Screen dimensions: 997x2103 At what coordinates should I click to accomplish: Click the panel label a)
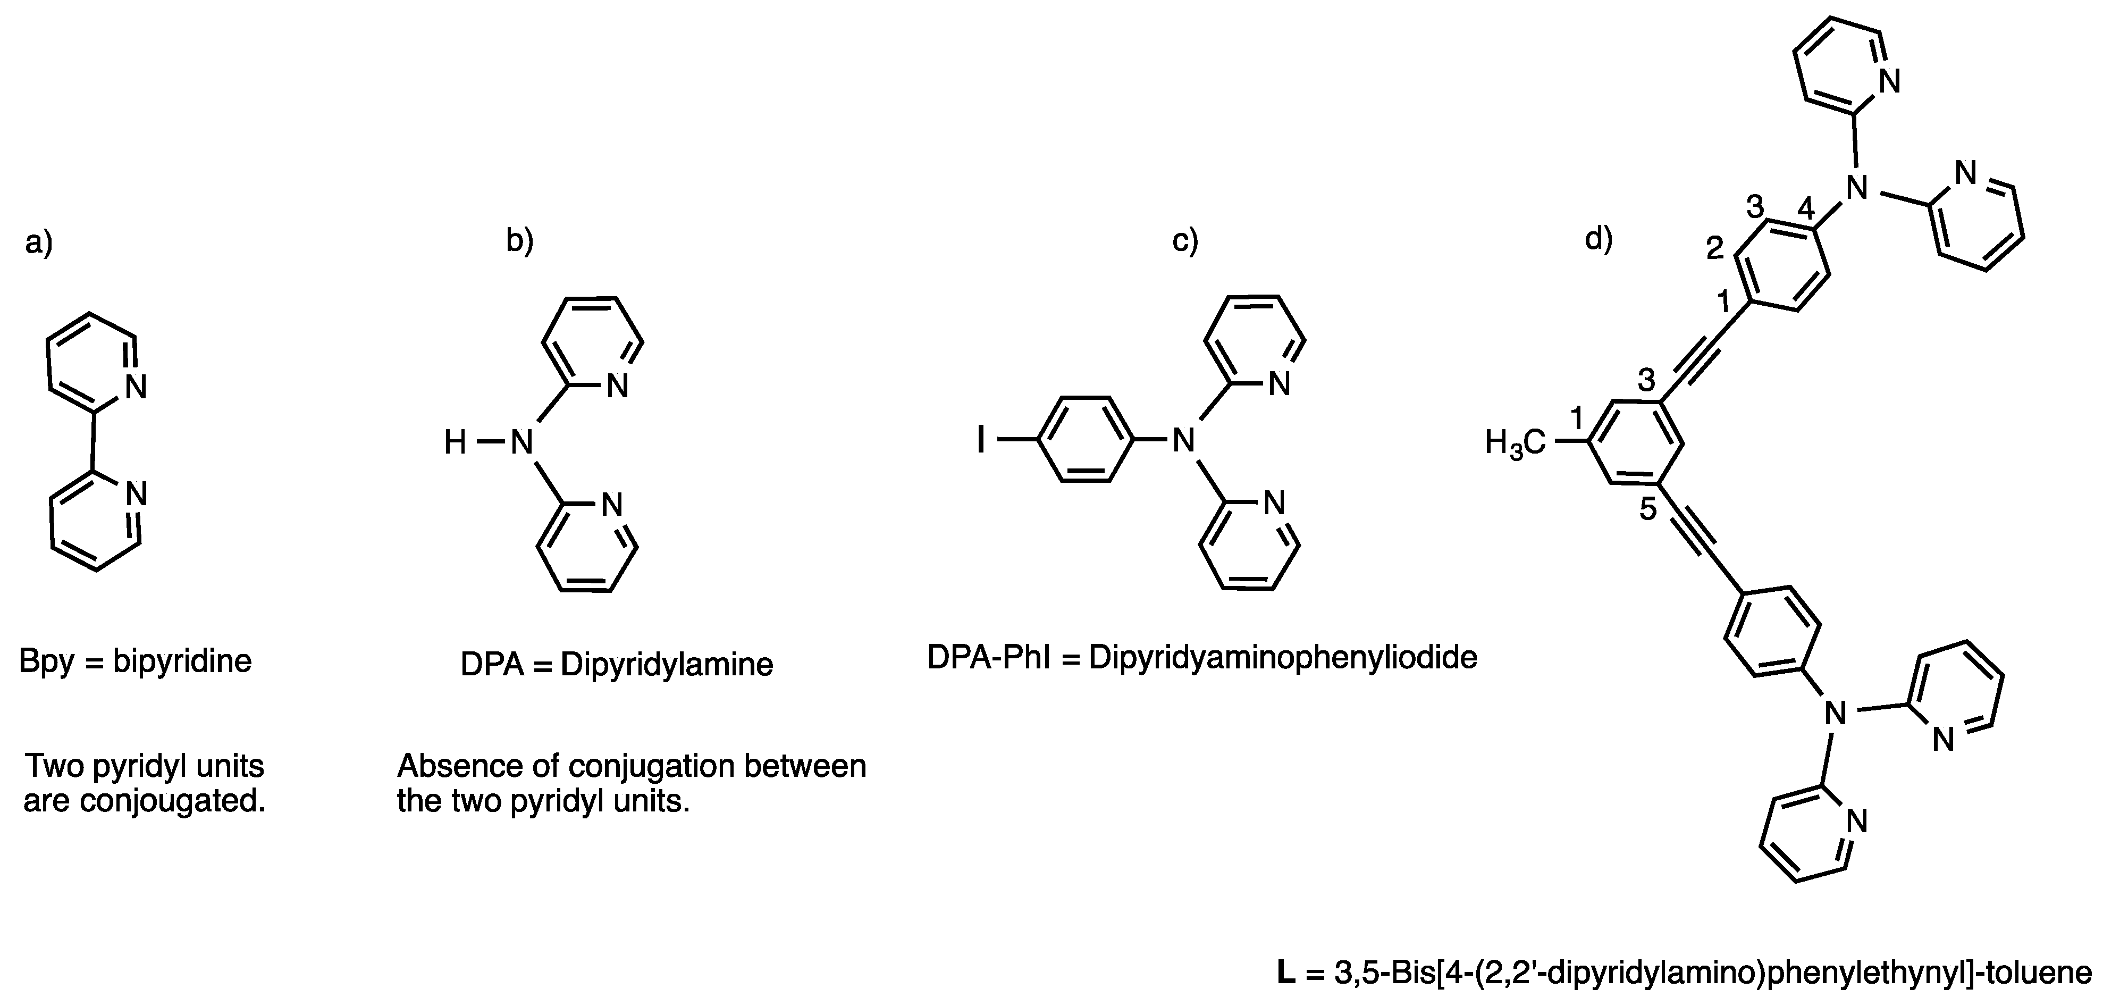[x=38, y=242]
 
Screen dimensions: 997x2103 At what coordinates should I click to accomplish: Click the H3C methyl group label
[x=1515, y=443]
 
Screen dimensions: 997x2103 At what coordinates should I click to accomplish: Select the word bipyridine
[x=182, y=661]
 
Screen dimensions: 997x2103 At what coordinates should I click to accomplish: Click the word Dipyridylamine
[x=666, y=665]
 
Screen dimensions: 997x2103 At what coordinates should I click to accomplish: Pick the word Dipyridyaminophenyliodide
[x=1283, y=658]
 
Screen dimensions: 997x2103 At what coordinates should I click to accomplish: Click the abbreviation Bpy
[x=47, y=662]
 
